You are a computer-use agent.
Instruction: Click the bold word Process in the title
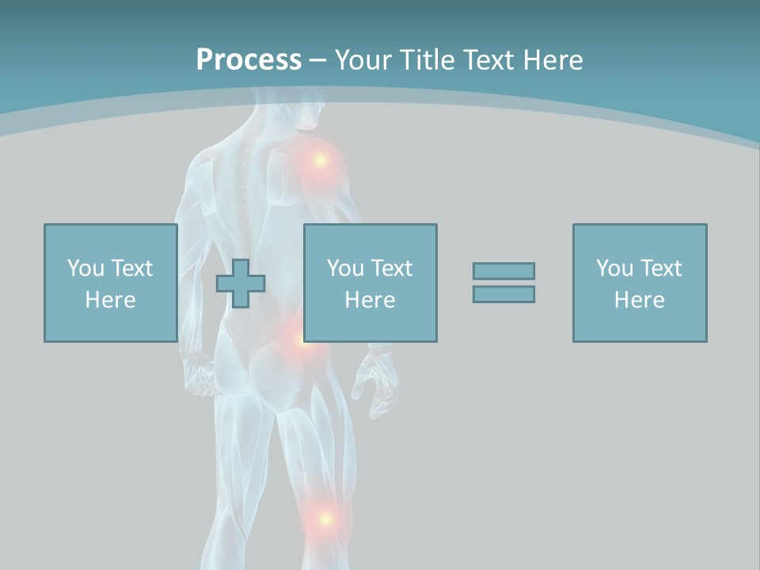[x=249, y=60]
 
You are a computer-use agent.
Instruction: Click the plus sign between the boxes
[x=241, y=283]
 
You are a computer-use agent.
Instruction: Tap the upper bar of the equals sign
[x=503, y=271]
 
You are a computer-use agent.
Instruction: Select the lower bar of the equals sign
[x=503, y=294]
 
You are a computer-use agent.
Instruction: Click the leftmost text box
[x=111, y=283]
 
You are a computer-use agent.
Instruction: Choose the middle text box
[x=370, y=283]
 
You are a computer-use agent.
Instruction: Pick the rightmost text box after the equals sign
[x=640, y=283]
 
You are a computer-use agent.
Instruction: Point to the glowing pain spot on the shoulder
[x=320, y=160]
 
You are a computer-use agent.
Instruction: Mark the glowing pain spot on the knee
[x=324, y=519]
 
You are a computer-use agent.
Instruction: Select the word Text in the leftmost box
[x=131, y=268]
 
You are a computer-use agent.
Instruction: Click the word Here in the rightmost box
[x=640, y=299]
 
